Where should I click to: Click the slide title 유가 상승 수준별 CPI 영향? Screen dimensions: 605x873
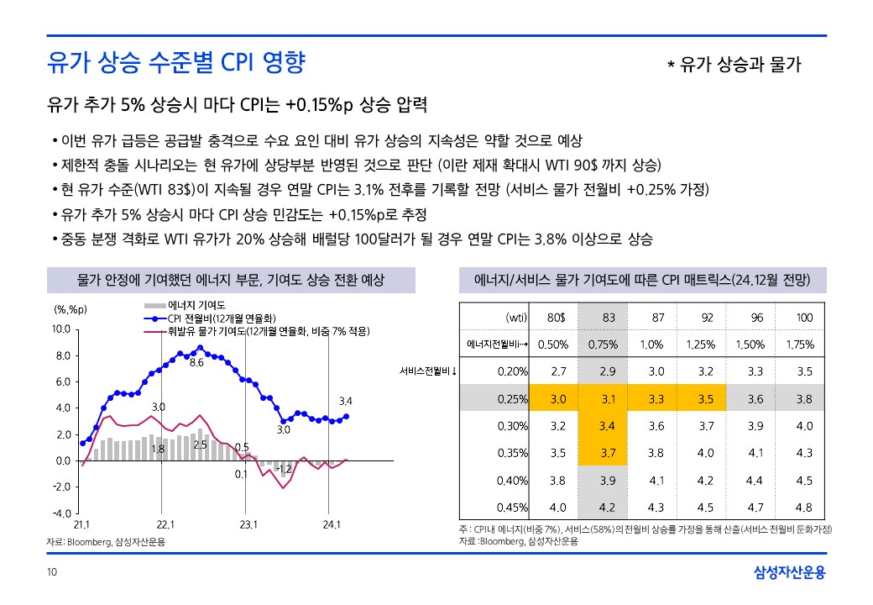(x=176, y=63)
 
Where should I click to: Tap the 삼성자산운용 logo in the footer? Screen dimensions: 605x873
(x=789, y=573)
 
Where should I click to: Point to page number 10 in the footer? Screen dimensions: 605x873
(x=51, y=573)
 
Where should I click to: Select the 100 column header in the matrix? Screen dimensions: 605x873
(x=804, y=317)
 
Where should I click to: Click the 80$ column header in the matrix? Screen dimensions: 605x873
(x=557, y=317)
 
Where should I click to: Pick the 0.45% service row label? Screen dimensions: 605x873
(x=512, y=507)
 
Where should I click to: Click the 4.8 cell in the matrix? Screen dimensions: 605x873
(x=804, y=507)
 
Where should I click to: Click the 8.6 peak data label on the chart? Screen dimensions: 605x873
(x=197, y=363)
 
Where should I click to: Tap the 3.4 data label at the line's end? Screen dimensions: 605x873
(x=345, y=400)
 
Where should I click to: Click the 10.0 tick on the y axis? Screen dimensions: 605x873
(x=60, y=329)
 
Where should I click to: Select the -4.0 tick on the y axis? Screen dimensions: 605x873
(x=60, y=513)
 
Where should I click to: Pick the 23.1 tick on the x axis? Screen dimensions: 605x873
(x=248, y=525)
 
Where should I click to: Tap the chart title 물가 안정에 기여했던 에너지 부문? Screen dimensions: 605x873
(x=231, y=280)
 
